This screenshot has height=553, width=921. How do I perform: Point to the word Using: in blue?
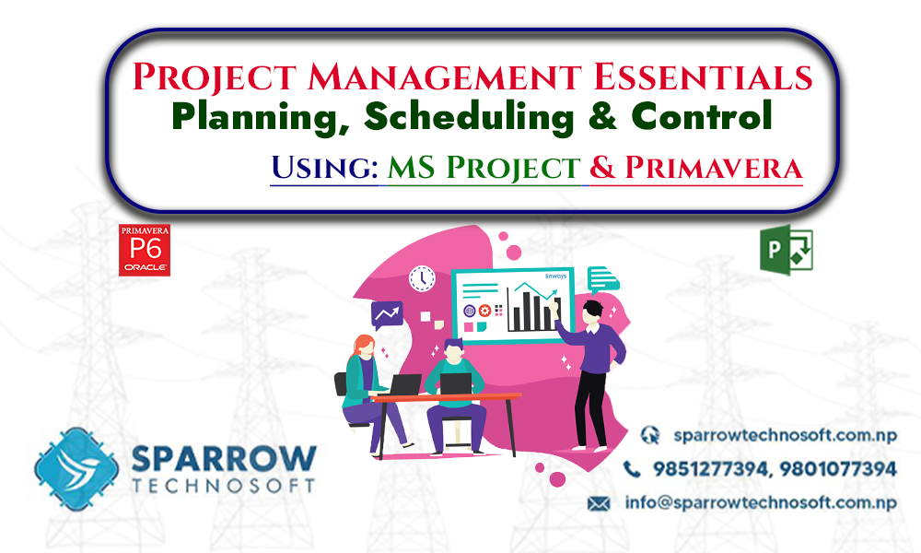click(322, 168)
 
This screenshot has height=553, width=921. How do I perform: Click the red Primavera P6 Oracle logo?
click(145, 250)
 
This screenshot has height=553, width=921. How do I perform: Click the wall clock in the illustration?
click(422, 276)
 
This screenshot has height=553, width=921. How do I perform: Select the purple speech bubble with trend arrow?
click(387, 315)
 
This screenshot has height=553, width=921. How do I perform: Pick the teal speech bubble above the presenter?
click(603, 277)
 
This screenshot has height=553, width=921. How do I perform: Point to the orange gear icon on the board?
click(484, 311)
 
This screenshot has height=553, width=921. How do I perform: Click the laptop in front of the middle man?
click(456, 383)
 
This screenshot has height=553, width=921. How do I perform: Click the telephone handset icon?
click(633, 469)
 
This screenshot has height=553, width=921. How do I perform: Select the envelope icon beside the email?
click(600, 503)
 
